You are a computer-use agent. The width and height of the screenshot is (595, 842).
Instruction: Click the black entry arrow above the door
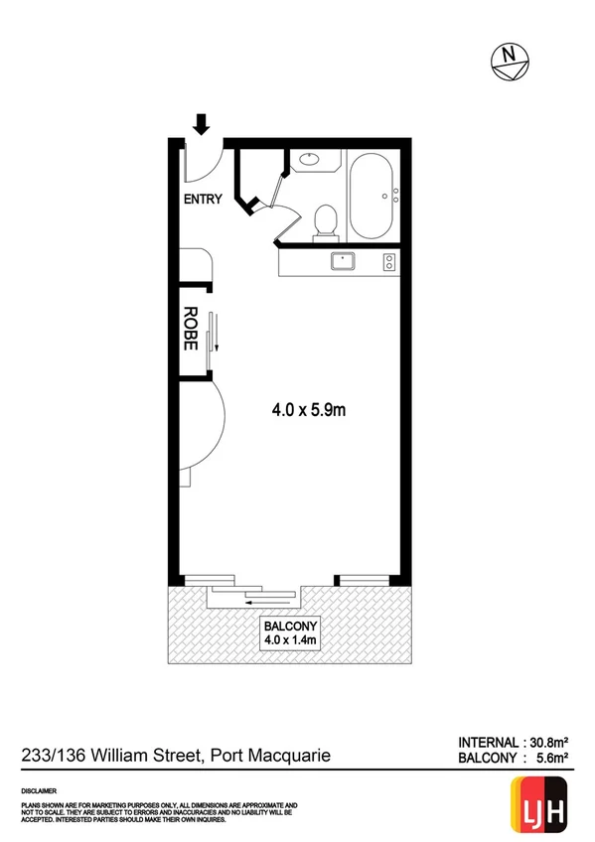tap(202, 124)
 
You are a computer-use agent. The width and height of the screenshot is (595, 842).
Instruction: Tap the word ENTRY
tap(203, 199)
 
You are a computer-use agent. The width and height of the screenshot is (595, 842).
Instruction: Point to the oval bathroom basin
tap(309, 157)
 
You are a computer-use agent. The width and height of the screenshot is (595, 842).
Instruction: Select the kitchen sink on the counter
tap(344, 262)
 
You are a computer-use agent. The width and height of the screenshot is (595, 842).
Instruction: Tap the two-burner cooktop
tap(389, 262)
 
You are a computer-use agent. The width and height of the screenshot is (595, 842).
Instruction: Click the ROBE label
tap(191, 328)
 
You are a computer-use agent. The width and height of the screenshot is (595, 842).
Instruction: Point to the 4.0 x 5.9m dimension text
tap(310, 407)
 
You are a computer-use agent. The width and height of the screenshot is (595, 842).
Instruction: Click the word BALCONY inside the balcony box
tap(289, 627)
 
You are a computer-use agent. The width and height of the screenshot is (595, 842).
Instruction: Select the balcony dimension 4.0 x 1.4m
tap(289, 641)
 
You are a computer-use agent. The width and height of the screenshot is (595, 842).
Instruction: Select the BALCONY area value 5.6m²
tap(550, 759)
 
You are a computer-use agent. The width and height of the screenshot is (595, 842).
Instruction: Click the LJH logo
tap(540, 802)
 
